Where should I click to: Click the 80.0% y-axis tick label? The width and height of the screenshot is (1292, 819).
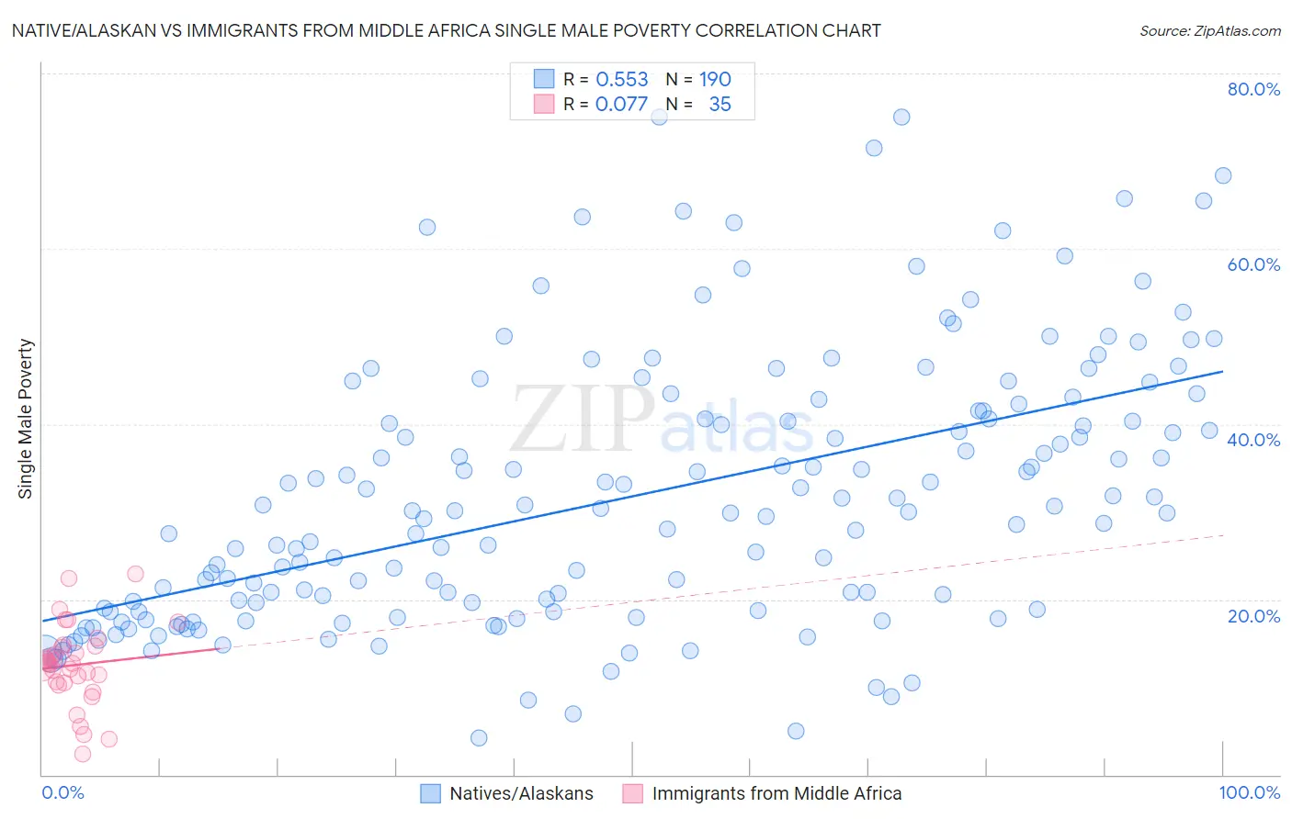[x=1253, y=89]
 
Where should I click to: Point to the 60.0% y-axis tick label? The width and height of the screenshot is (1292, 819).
[x=1253, y=264]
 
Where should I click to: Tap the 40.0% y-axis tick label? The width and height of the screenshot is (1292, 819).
[x=1253, y=440]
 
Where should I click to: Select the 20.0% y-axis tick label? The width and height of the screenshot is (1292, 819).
[x=1253, y=615]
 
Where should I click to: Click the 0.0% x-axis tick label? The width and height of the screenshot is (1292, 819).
[x=62, y=792]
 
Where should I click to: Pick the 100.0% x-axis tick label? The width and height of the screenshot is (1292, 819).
[x=1249, y=792]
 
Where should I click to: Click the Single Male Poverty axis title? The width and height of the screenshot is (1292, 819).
[x=26, y=419]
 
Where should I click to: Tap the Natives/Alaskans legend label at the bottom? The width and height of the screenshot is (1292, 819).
[x=521, y=793]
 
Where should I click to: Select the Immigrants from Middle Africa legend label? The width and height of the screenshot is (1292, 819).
[x=776, y=793]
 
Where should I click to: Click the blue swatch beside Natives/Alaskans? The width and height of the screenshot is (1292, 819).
[x=430, y=793]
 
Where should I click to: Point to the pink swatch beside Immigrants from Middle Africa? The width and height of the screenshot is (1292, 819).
[x=632, y=793]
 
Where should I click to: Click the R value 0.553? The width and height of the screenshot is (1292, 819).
[x=622, y=79]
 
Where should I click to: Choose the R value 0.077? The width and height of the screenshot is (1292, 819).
[x=621, y=104]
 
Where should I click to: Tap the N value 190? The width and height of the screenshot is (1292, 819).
[x=715, y=79]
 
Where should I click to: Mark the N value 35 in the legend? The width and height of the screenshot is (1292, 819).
[x=720, y=104]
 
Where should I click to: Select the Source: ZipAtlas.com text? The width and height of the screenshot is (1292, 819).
[x=1209, y=30]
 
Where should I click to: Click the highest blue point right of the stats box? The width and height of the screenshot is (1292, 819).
[x=901, y=117]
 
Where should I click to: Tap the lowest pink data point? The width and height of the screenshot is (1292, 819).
[x=83, y=754]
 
